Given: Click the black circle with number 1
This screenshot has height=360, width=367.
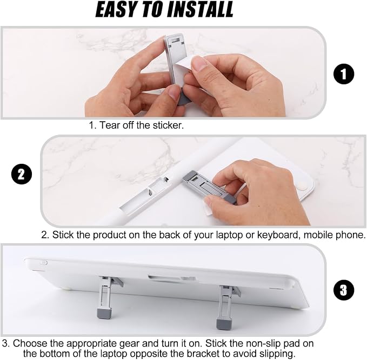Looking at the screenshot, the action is coord(344,74).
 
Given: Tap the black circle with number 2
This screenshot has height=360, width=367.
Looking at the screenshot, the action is coord(22,175).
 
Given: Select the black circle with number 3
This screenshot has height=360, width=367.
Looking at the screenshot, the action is coord(344,290).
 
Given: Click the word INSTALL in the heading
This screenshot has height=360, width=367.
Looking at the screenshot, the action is coord(201,10).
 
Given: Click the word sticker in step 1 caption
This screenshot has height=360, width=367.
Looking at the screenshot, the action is coord(168,125).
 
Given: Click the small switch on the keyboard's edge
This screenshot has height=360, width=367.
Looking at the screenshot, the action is coord(44,263).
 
